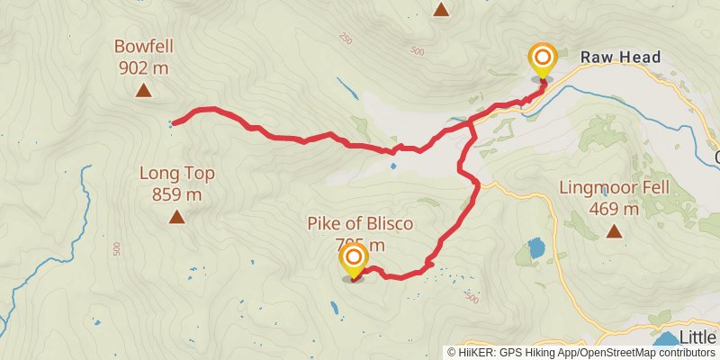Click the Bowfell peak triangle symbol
[143, 90]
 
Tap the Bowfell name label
[143, 45]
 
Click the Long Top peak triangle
[177, 216]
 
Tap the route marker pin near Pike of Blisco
[353, 262]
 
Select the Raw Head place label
[620, 58]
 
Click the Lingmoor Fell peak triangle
[615, 231]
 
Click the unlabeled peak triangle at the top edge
[441, 10]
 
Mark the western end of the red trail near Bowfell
[174, 121]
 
